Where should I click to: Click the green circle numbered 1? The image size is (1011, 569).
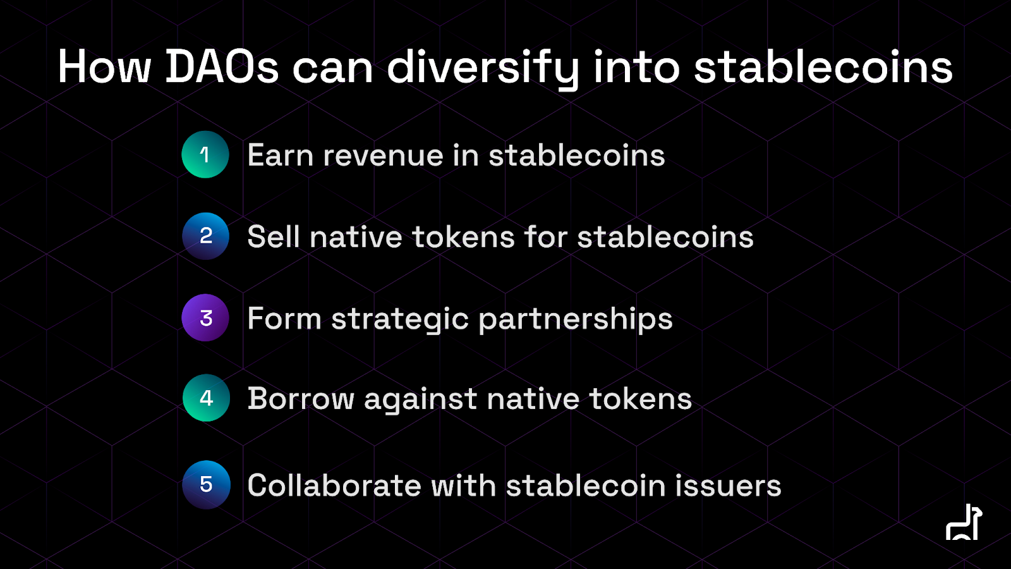coord(205,154)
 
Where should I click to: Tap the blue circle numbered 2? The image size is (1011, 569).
coord(205,236)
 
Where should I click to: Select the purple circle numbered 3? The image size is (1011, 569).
coord(205,317)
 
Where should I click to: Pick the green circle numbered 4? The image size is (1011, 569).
coord(206,398)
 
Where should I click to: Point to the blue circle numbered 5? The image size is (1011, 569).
coord(206,484)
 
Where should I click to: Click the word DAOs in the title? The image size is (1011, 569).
coord(222,67)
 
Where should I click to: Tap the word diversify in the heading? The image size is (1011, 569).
coord(483,69)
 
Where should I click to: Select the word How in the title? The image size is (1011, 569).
coord(104,67)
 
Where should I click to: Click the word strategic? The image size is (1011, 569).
coord(401,320)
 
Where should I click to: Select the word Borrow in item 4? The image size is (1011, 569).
coord(301,399)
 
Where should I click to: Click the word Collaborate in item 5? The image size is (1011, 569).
coord(334,486)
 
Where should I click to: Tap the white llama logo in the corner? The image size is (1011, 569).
coord(964,522)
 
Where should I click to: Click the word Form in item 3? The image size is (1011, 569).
coord(284,319)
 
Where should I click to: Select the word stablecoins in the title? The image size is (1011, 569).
coord(823,67)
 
